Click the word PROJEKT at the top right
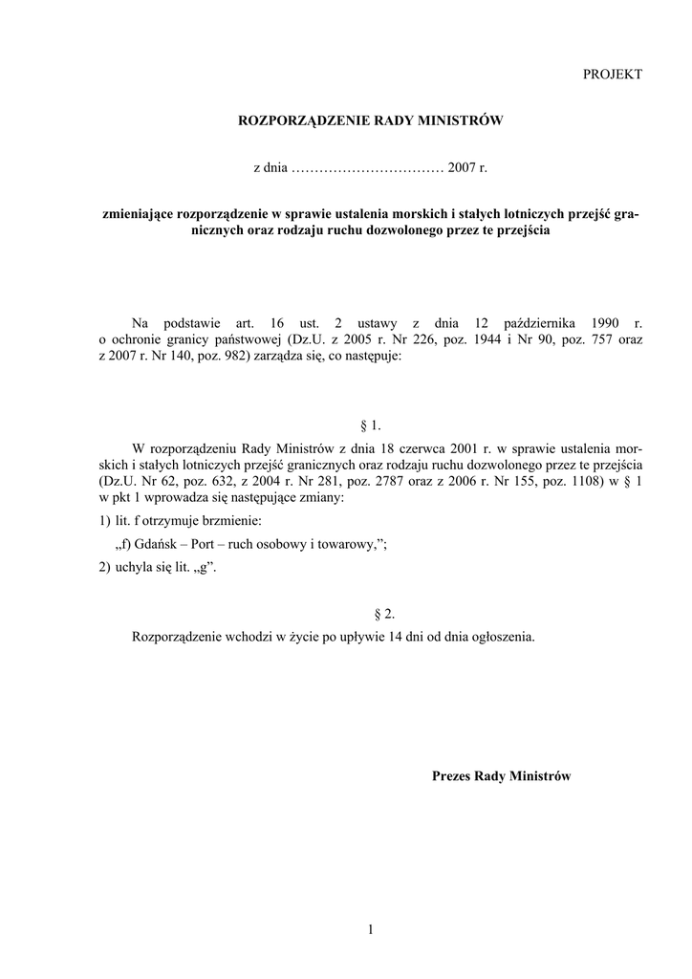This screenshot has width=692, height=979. coord(613,74)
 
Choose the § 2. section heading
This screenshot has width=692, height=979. coord(369,614)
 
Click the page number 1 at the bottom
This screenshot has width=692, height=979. coord(369,928)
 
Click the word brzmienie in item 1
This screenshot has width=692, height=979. coord(229,521)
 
